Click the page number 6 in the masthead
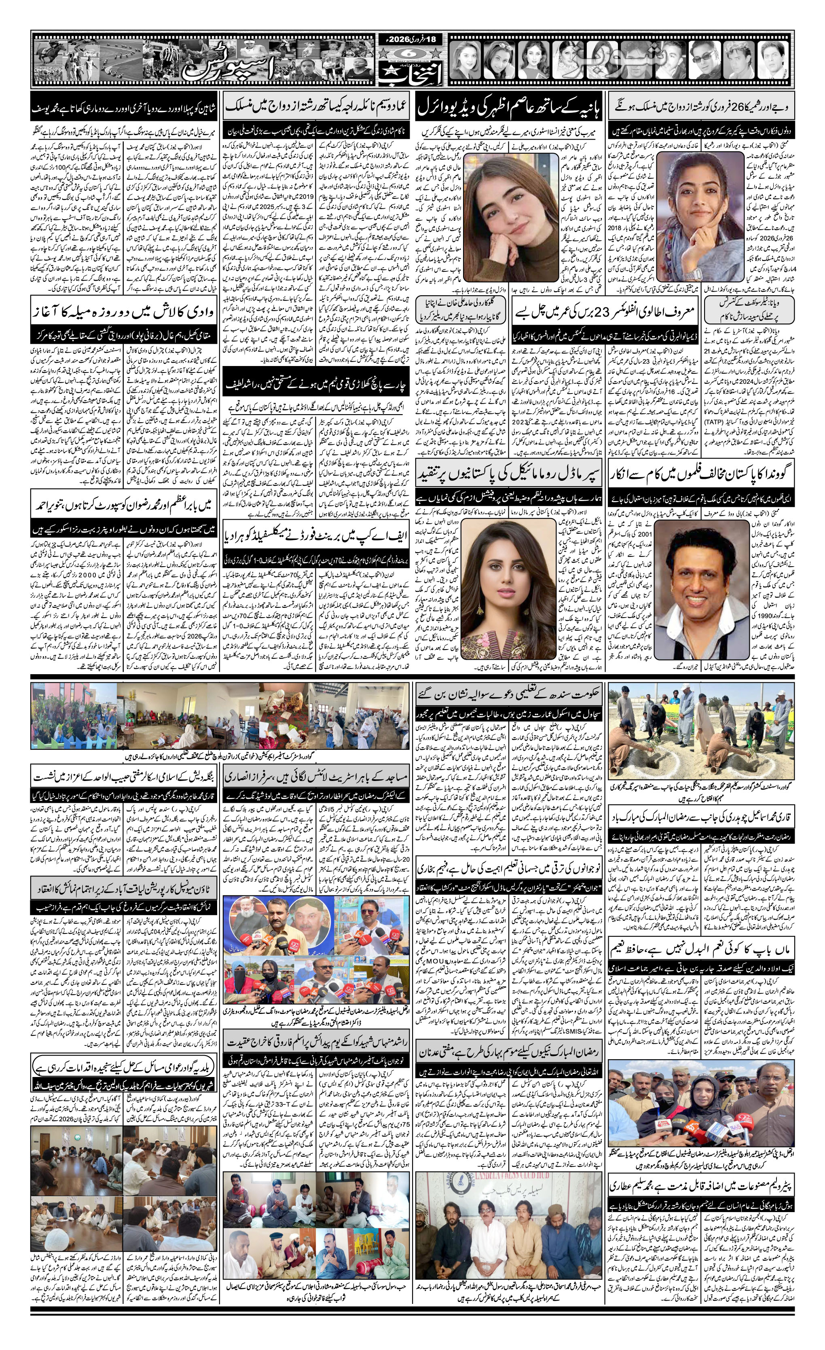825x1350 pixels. coord(410,53)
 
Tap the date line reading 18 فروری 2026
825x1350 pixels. coord(410,40)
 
